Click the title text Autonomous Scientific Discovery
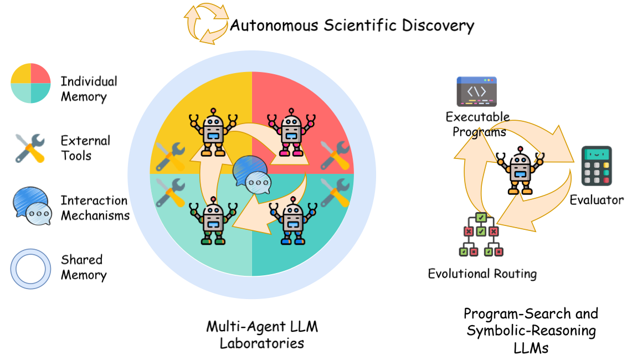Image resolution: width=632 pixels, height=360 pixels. click(352, 25)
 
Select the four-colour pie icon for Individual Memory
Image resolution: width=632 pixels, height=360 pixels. click(31, 83)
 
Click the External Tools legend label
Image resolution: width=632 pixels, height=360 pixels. click(85, 148)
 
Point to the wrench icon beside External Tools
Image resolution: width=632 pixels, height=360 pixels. click(29, 148)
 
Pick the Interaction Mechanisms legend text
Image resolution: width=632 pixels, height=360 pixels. click(95, 208)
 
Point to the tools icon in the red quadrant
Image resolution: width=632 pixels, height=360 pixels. click(335, 156)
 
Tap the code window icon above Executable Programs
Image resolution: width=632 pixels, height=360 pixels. click(476, 92)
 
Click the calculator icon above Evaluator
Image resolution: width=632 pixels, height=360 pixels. click(596, 166)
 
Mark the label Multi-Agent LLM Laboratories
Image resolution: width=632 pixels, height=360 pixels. click(262, 335)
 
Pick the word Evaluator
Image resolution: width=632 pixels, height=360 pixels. click(597, 200)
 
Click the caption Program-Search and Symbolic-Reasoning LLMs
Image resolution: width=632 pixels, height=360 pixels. click(531, 331)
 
